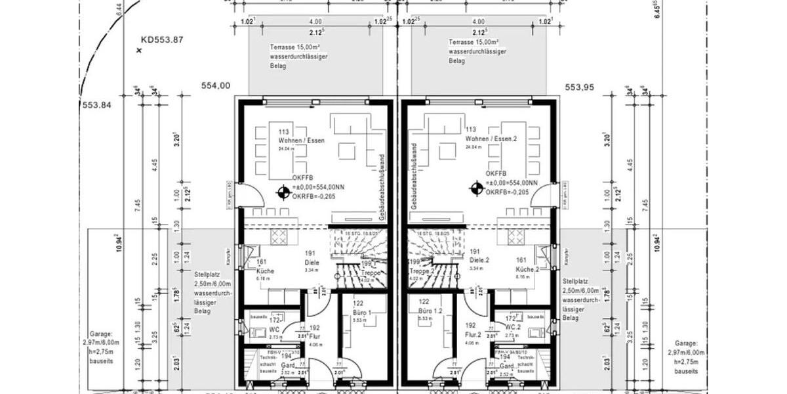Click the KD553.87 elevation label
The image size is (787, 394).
click(161, 39)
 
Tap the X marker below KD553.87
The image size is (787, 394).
click(139, 50)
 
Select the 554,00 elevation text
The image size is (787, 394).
click(216, 85)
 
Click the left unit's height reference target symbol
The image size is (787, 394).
click(283, 192)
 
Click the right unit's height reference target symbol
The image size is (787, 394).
click(475, 189)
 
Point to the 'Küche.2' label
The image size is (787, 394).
click(527, 270)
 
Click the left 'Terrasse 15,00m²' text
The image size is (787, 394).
click(296, 48)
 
